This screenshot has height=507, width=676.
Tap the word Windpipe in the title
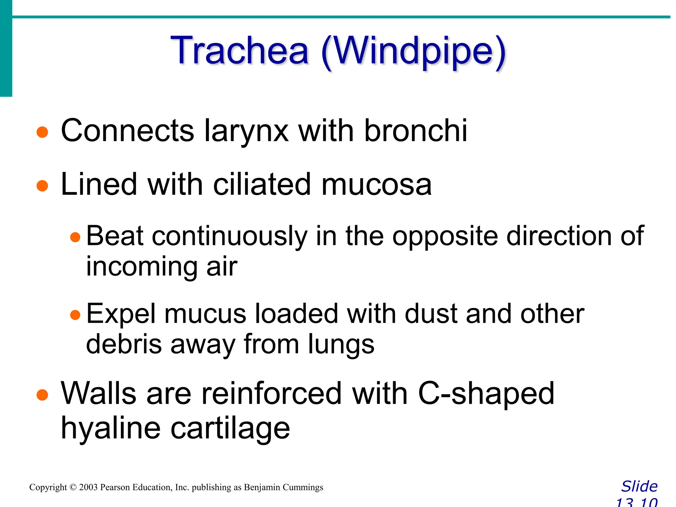[x=413, y=52]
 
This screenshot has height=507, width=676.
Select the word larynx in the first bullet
[x=246, y=131]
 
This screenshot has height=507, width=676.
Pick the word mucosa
[x=376, y=185]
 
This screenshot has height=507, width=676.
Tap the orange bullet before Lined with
[x=42, y=186]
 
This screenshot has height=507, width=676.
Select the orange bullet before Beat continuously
[x=75, y=237]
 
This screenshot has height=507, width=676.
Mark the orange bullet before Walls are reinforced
[x=42, y=394]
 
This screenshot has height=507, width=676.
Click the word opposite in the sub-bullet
[x=445, y=237]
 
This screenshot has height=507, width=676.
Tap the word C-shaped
[x=486, y=394]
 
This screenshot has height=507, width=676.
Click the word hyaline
[x=110, y=428]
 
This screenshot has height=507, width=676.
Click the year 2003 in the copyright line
[x=88, y=488]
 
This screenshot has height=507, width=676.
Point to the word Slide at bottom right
[x=639, y=487]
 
